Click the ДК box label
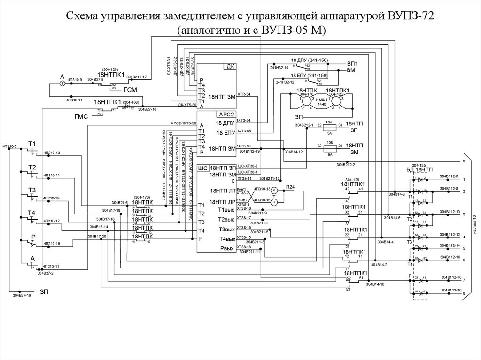click(230, 67)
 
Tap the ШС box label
click(203, 168)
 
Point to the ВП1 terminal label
click(352, 63)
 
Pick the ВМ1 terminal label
click(352, 70)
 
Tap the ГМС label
click(81, 116)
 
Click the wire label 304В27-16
click(22, 296)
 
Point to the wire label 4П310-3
click(9, 147)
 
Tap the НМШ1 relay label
click(321, 100)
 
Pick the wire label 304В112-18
click(450, 278)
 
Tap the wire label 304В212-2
click(345, 165)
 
